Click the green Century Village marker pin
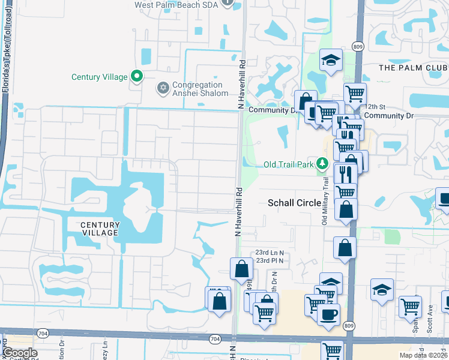point(137,76)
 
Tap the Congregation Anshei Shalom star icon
point(162,89)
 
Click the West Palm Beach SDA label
point(176,4)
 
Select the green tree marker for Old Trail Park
point(322,163)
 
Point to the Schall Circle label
point(294,203)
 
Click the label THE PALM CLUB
point(413,68)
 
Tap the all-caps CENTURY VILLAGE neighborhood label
point(100,229)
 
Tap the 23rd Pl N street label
point(269,260)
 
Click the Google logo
point(20,353)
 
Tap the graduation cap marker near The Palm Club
point(330,60)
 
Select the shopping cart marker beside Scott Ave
point(410,305)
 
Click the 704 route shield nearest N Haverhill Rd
point(215,339)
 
